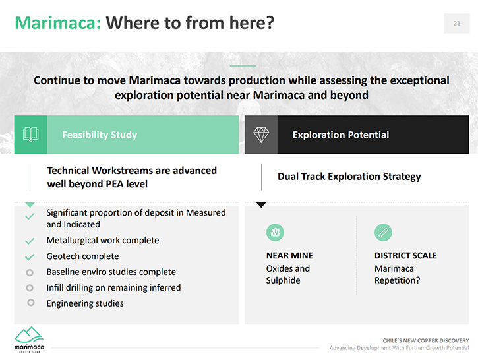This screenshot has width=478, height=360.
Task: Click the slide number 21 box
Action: click(x=457, y=24)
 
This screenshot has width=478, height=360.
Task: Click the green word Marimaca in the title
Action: click(x=58, y=23)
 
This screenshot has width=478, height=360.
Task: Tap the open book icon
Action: click(x=31, y=135)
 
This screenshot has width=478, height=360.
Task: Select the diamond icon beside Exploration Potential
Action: click(x=261, y=135)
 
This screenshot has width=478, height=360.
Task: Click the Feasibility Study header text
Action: click(x=100, y=135)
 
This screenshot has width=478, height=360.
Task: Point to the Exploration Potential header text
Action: click(x=341, y=135)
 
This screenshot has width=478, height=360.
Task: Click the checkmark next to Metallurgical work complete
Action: click(x=30, y=241)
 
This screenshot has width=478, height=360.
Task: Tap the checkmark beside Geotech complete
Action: click(x=30, y=257)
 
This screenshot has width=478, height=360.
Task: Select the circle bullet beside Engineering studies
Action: click(x=30, y=303)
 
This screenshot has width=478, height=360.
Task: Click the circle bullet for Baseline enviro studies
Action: click(x=30, y=272)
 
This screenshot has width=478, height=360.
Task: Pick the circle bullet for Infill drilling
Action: click(x=30, y=287)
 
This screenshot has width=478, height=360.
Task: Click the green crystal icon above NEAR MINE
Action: click(x=275, y=232)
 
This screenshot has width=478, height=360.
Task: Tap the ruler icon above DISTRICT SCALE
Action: click(x=383, y=233)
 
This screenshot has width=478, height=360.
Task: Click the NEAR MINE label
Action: click(x=289, y=255)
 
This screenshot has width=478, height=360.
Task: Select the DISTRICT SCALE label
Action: click(x=405, y=255)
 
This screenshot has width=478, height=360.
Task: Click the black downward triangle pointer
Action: click(x=261, y=205)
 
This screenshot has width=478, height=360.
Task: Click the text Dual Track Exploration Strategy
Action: click(x=349, y=177)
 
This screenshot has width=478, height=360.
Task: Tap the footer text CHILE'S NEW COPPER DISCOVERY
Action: click(x=426, y=340)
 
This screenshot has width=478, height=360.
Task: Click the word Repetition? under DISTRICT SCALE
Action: click(x=397, y=280)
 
